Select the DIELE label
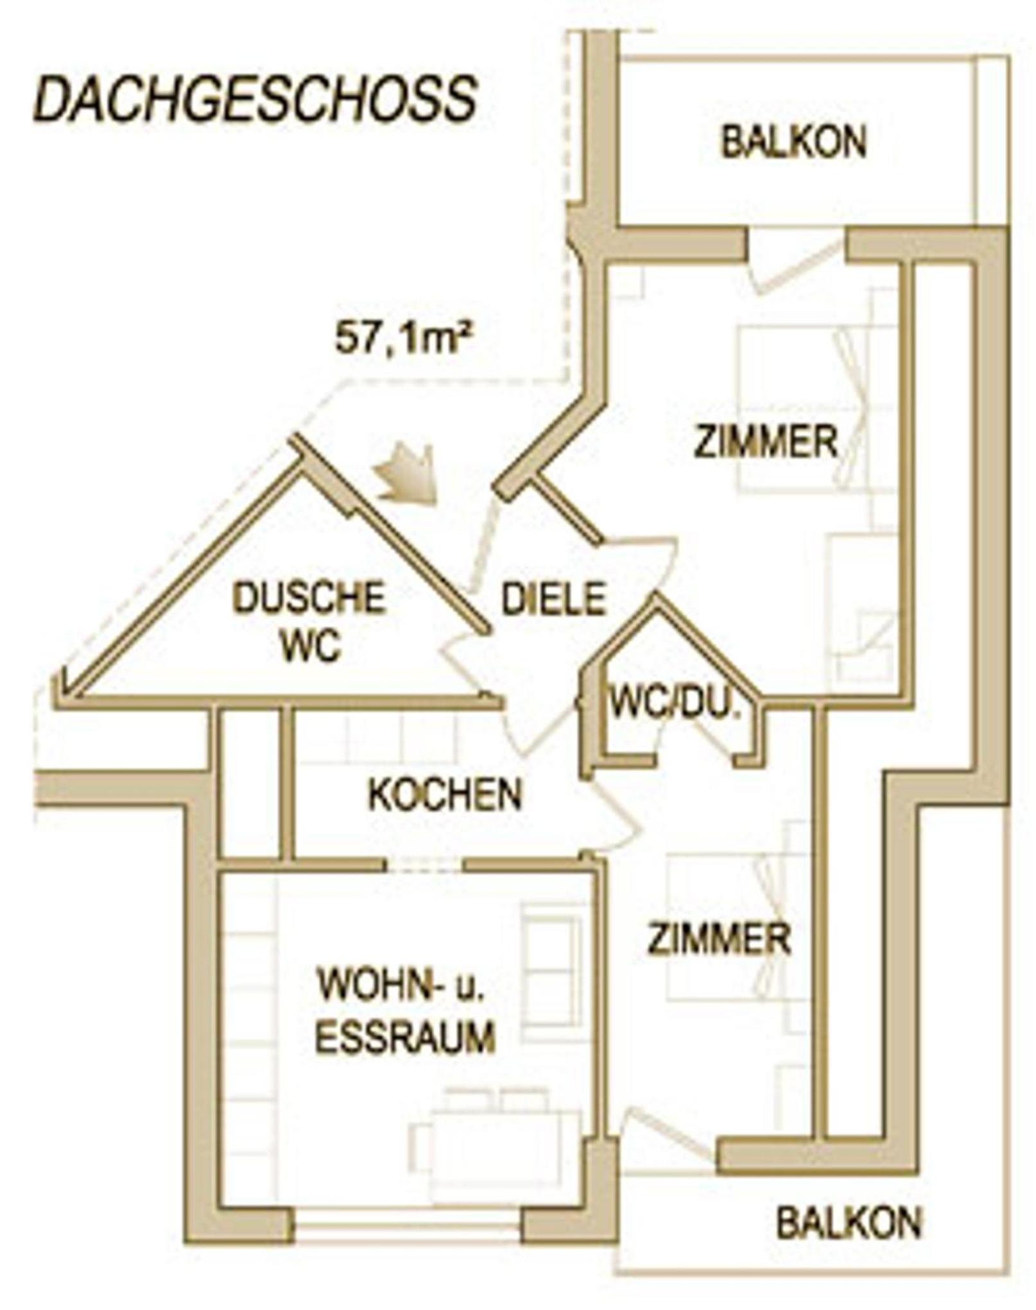pyautogui.click(x=553, y=598)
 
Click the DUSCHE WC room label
pyautogui.click(x=309, y=621)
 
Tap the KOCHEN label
pyautogui.click(x=445, y=795)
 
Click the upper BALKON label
pyautogui.click(x=794, y=142)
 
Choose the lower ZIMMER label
pyautogui.click(x=719, y=939)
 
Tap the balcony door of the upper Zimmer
pyautogui.click(x=796, y=263)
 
